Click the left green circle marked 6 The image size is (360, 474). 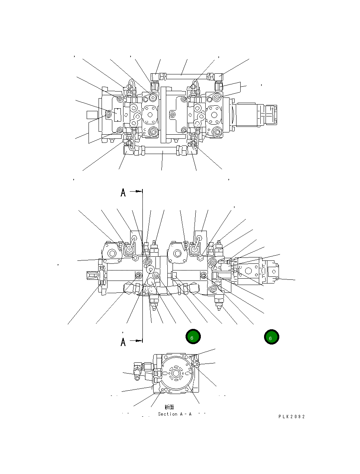pos(193,337)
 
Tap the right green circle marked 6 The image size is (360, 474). pos(271,337)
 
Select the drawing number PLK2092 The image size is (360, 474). pos(292,417)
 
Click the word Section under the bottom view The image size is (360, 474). pos(167,414)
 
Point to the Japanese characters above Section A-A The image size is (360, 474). pos(169,407)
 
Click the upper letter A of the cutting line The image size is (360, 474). pos(123,193)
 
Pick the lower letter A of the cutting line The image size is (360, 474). pos(123,342)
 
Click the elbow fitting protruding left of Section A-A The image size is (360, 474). pos(138,371)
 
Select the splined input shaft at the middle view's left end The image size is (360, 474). pos(93,275)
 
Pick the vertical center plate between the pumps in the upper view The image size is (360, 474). pos(164,115)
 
